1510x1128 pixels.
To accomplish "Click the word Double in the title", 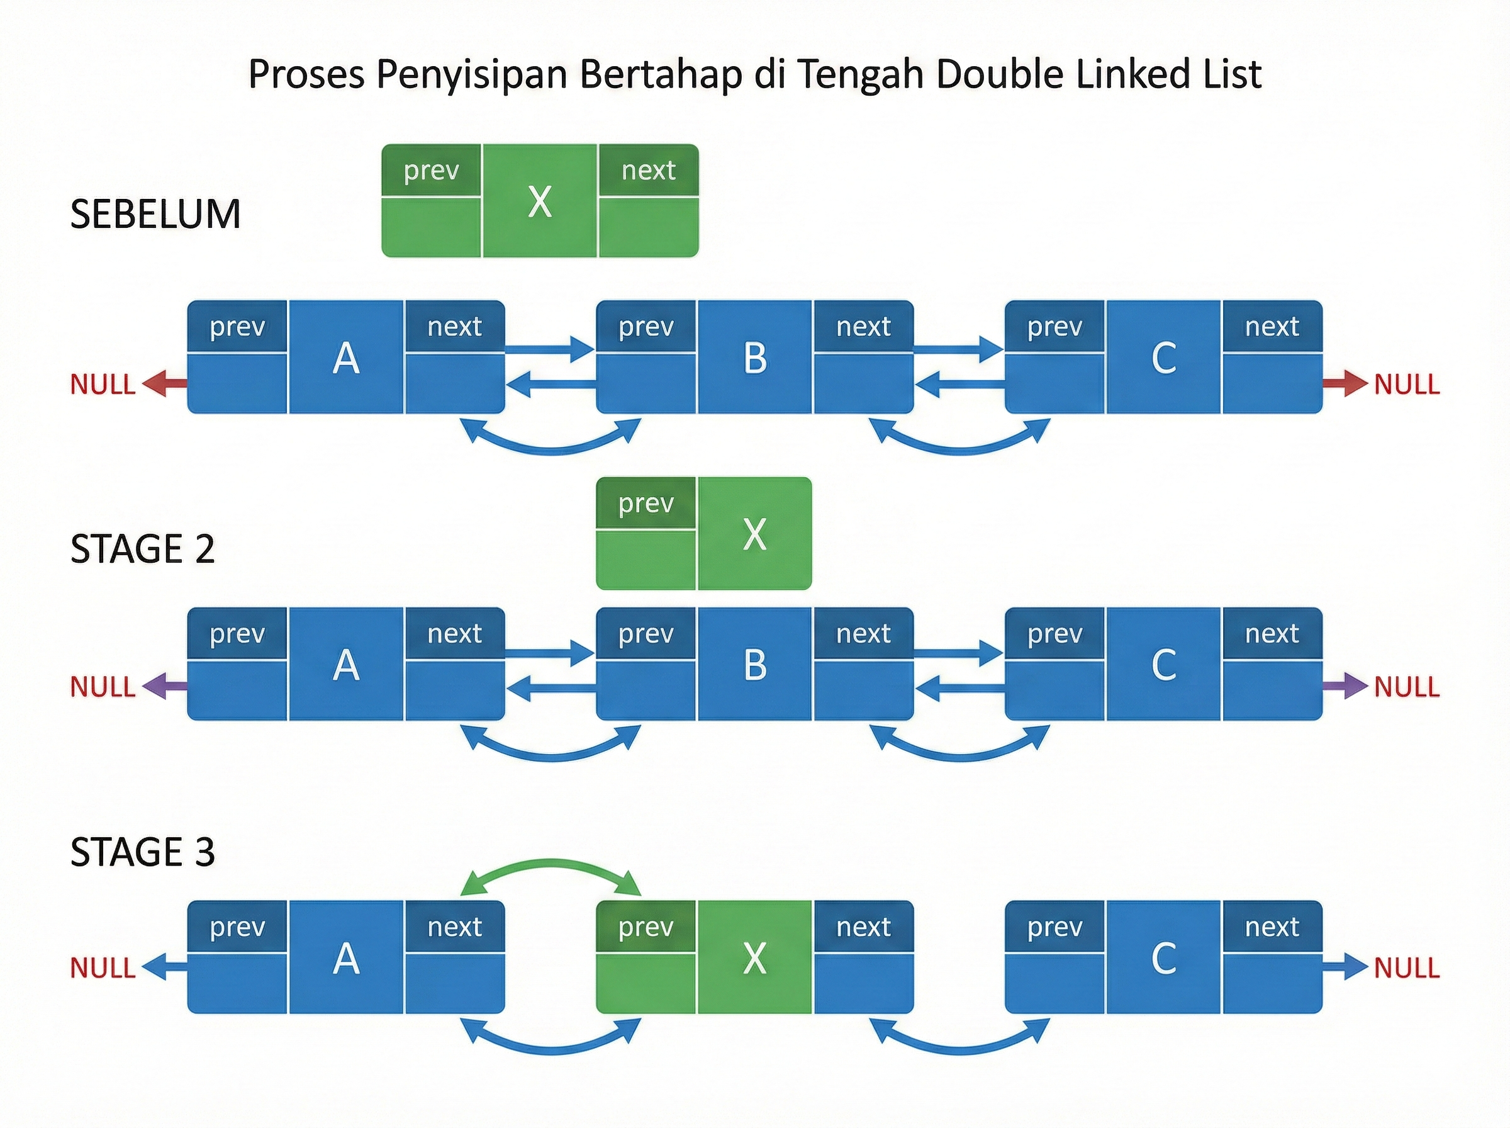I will coord(999,74).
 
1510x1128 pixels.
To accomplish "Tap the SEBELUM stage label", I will coord(155,214).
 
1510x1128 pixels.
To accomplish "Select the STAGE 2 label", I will coord(143,549).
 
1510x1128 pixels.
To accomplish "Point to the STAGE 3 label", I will coord(143,852).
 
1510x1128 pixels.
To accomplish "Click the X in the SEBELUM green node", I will coord(540,202).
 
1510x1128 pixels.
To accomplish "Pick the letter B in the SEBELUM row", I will coord(754,358).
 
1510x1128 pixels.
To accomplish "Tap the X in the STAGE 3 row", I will coord(754,958).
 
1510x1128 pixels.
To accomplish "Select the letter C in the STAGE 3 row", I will coord(1163,958).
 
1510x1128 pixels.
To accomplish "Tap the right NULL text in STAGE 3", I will coord(1406,968).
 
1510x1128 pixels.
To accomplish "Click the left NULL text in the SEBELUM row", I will coord(103,385).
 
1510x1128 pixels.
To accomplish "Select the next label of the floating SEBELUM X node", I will coord(648,170).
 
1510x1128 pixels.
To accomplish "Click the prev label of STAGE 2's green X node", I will coord(646,503).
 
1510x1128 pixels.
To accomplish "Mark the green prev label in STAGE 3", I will coord(646,927).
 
